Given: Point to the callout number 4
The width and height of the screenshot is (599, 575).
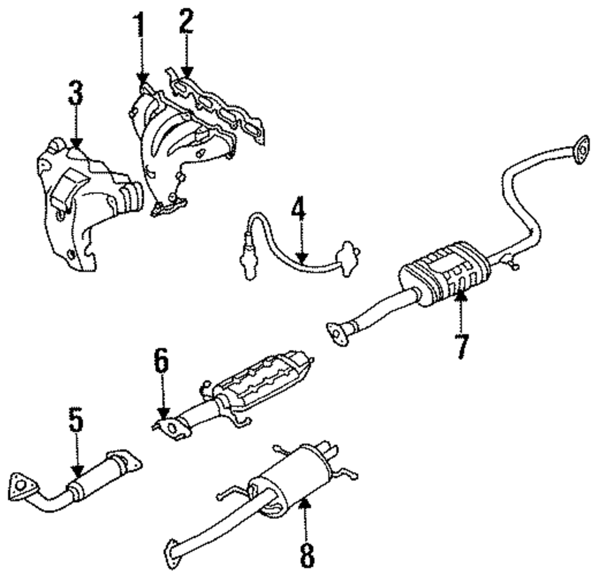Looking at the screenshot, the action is [299, 211].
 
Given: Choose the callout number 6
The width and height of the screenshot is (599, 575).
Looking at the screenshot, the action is [161, 364].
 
